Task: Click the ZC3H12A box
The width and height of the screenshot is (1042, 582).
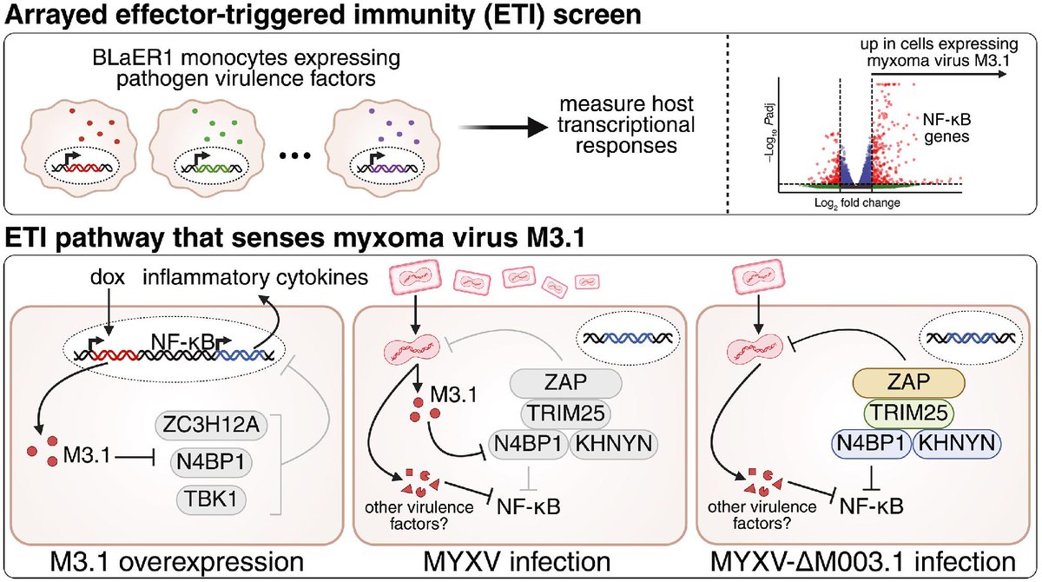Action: point(210,425)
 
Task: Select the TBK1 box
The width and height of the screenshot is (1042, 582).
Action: point(211,499)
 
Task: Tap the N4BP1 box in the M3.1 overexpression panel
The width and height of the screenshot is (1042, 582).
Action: point(211,462)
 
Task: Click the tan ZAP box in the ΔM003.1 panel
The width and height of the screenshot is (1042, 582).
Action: point(908,382)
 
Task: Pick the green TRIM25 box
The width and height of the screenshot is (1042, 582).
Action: point(909,413)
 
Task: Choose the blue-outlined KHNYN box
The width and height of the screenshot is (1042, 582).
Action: point(957,443)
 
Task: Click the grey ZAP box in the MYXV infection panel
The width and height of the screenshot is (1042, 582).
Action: point(565,383)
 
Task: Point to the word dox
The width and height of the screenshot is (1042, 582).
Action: point(108,277)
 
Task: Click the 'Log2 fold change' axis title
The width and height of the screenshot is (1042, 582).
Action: point(857,203)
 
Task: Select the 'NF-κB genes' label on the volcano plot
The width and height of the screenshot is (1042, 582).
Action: point(946,128)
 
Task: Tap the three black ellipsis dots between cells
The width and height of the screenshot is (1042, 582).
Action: point(295,155)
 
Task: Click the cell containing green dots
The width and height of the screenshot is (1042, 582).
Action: point(201,148)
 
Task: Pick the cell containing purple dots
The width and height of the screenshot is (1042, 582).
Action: point(382,148)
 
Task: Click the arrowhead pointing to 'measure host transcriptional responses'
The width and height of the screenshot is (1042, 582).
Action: point(538,127)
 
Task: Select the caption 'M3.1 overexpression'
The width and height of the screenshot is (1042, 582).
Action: point(176,561)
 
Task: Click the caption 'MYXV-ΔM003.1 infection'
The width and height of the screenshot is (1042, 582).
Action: point(863,561)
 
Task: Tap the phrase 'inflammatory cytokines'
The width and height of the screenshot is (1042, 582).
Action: point(255,277)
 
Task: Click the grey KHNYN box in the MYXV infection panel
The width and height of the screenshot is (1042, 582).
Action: point(614,444)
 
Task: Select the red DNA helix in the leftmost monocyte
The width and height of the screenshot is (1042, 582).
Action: point(82,168)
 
